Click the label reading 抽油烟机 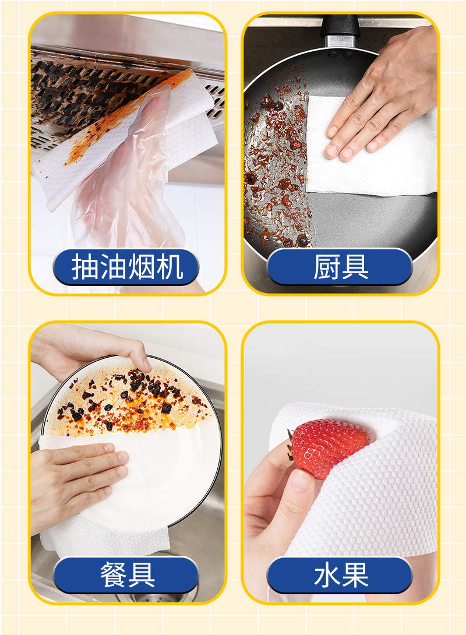[126, 267]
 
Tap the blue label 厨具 [340, 267]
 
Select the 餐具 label [126, 574]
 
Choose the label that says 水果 [340, 574]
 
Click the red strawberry [327, 447]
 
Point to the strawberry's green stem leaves [290, 446]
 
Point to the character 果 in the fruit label [355, 574]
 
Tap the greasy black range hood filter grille [93, 93]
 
